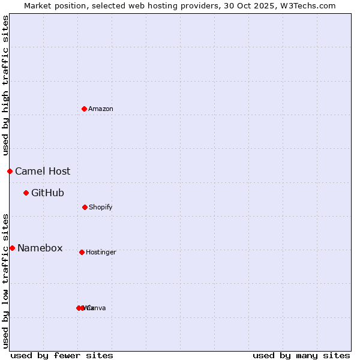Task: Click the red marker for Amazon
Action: click(x=84, y=109)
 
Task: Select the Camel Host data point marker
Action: click(x=10, y=171)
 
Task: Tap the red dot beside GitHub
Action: click(x=26, y=193)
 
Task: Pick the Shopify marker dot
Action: click(x=85, y=207)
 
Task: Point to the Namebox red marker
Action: click(x=12, y=248)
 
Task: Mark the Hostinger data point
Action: click(x=82, y=252)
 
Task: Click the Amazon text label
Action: click(x=101, y=109)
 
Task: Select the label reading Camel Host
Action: click(x=43, y=171)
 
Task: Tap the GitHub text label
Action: click(x=47, y=193)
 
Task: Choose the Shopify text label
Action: click(x=101, y=207)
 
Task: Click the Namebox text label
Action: click(x=40, y=248)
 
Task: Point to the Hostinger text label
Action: click(x=101, y=252)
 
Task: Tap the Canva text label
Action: click(x=97, y=308)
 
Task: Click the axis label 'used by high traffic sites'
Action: click(x=5, y=85)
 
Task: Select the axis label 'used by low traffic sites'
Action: click(x=5, y=281)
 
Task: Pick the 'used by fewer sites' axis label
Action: click(x=62, y=355)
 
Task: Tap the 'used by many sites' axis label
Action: click(x=301, y=355)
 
